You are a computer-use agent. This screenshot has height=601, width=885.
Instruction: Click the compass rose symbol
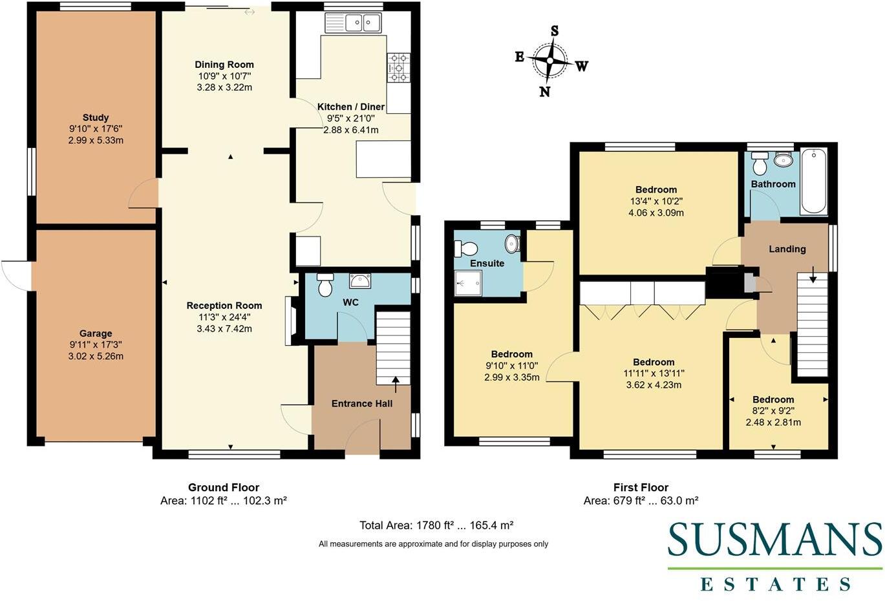click(x=549, y=61)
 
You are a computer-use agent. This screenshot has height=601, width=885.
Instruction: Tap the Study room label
click(x=95, y=118)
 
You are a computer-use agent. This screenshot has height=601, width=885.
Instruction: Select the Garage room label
click(x=96, y=334)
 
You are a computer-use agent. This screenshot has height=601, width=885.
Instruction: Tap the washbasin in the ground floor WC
click(x=359, y=281)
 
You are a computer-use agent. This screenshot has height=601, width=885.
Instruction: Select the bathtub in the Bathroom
click(x=813, y=182)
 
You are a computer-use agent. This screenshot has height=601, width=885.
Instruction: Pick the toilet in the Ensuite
click(x=466, y=248)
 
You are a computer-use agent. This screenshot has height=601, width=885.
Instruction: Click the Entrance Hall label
click(x=361, y=403)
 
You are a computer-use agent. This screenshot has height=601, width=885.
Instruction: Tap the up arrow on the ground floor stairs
click(x=395, y=385)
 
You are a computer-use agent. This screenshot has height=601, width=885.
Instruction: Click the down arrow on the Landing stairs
click(x=813, y=277)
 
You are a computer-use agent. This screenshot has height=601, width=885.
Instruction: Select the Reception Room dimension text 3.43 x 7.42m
click(x=224, y=329)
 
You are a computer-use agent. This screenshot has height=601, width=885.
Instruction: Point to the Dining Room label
click(x=224, y=65)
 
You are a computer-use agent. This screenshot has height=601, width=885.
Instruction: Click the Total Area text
click(x=436, y=525)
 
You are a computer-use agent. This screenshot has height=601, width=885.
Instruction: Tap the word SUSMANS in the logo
click(x=774, y=541)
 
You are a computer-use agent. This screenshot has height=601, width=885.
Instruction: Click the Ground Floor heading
click(x=224, y=487)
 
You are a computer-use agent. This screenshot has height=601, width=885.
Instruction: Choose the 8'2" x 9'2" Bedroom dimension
click(x=773, y=411)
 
